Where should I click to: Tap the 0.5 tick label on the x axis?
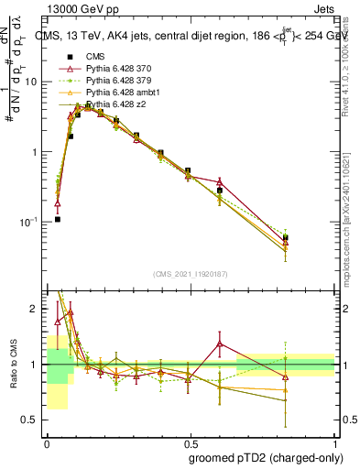point(191,440)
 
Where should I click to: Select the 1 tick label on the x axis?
point(333,440)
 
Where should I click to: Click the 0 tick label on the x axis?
point(48,440)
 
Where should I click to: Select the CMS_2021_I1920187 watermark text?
point(190,274)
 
